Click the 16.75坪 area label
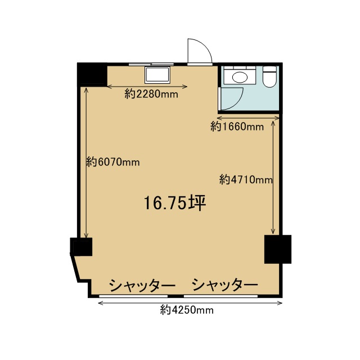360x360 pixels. tap(175, 203)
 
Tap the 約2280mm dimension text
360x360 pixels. tap(151, 94)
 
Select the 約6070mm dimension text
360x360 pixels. tap(113, 163)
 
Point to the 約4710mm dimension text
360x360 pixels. tap(246, 179)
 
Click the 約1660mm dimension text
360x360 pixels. tap(237, 127)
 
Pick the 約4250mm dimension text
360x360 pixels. tap(187, 310)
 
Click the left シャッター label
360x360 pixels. tap(142, 285)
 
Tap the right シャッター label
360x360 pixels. tap(224, 285)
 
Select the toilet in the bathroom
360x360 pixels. tap(269, 76)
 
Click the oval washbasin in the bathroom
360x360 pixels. tap(240, 77)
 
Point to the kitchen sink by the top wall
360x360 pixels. tap(157, 75)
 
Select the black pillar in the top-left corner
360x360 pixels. tap(92, 74)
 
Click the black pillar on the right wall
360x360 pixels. tap(278, 249)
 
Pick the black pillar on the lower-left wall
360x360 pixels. tap(81, 247)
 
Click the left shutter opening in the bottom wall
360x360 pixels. tap(133, 296)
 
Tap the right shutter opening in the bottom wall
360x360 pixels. tap(221, 296)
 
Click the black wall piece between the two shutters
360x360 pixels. tap(176, 296)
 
